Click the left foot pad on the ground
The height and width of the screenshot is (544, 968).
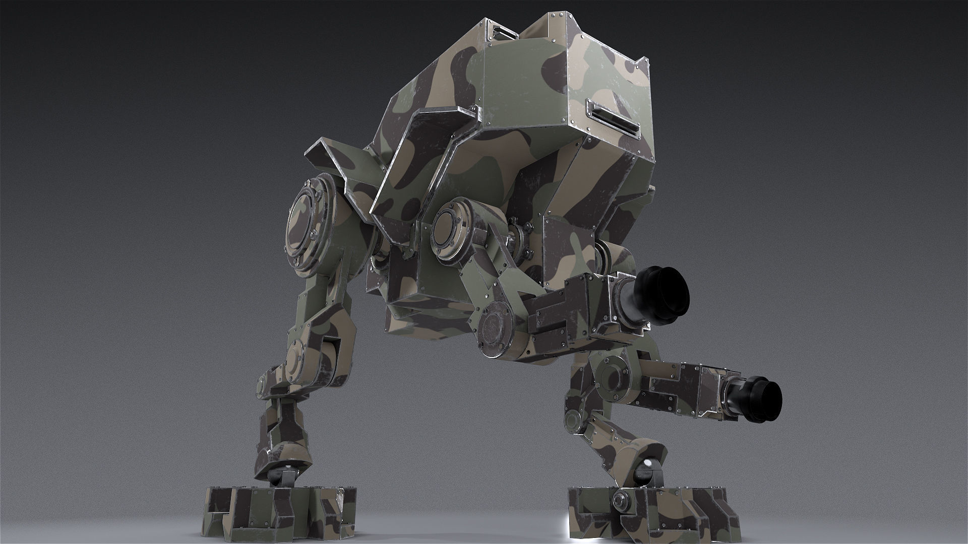(280, 512)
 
